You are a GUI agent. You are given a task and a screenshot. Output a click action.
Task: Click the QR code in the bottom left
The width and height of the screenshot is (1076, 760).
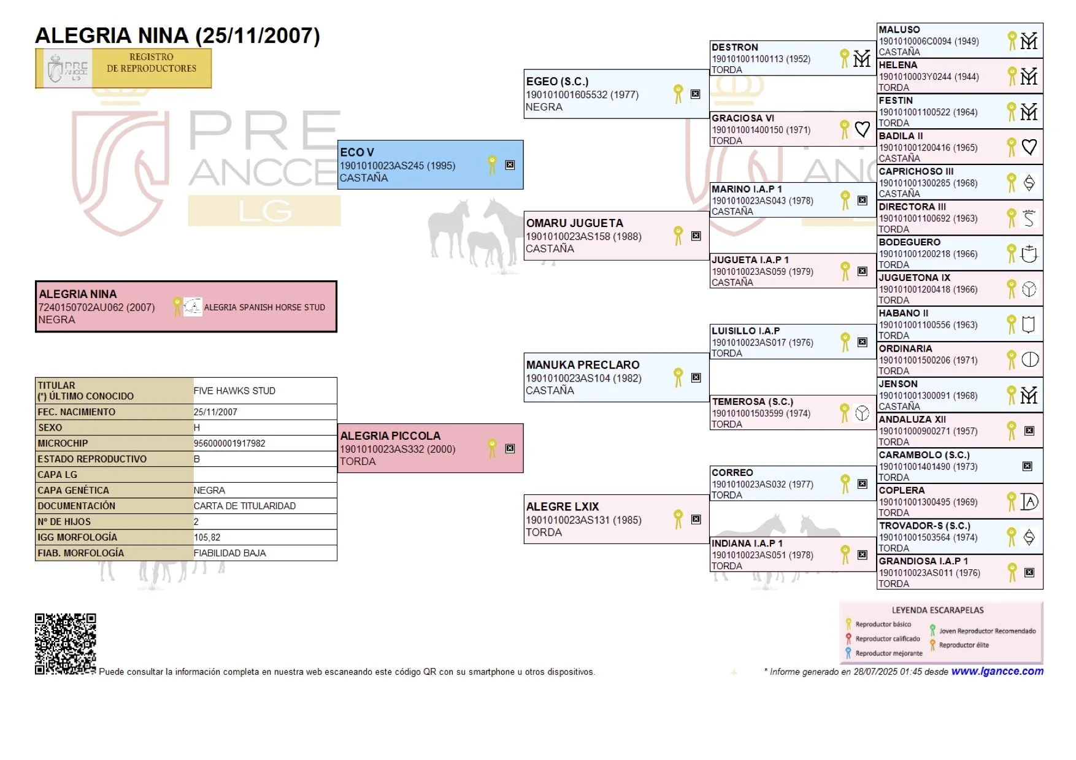pos(65,643)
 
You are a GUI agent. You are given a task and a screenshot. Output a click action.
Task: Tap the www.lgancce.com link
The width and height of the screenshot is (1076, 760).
pos(997,671)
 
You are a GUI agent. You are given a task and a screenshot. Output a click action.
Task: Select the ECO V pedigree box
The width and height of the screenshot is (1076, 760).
pos(430,164)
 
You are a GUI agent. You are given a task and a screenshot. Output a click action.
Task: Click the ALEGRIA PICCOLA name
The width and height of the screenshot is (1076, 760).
pos(390,436)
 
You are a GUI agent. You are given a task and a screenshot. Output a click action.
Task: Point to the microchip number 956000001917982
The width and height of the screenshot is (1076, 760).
pos(229,443)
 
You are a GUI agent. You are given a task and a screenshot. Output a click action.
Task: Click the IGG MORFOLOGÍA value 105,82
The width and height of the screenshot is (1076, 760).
pos(207,537)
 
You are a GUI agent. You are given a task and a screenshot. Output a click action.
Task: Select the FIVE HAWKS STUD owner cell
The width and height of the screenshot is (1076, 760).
pos(234,391)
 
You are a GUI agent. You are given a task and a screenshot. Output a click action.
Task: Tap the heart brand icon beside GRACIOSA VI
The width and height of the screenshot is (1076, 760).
pos(862,129)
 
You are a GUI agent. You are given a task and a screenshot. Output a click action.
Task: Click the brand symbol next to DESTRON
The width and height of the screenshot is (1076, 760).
pos(862,58)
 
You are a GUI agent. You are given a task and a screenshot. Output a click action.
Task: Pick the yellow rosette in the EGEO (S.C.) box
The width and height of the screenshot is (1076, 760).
pos(678,94)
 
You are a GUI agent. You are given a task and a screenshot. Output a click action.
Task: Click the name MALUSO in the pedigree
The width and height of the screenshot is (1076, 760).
pos(899,29)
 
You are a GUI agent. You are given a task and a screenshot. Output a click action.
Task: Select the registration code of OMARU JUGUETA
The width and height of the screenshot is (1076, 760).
pos(583,237)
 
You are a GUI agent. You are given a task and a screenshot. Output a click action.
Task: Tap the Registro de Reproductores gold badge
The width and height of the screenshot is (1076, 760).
pos(123,68)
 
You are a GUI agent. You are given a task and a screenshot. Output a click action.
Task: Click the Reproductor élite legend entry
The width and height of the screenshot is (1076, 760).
pos(963,645)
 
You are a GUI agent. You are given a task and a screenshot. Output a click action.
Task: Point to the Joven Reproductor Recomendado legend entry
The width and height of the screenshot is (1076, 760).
pos(986,631)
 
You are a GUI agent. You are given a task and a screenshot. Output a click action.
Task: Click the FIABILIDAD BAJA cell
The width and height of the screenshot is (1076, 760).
pos(229,553)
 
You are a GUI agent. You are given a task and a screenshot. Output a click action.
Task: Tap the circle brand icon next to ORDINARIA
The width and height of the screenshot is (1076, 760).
pos(1029,359)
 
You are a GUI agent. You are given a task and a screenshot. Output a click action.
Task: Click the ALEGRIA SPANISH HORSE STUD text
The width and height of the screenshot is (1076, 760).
pos(264,307)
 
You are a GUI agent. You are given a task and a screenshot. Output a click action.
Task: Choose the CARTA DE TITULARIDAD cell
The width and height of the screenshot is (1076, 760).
pos(244,506)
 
